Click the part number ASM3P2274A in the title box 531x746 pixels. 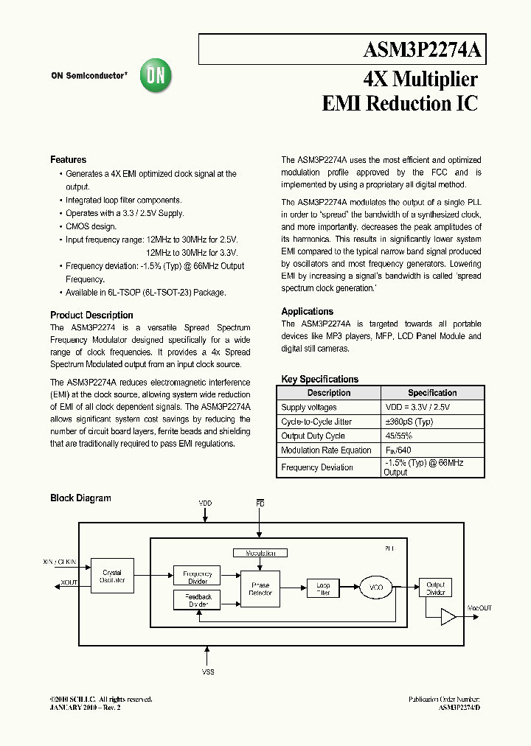[x=423, y=50]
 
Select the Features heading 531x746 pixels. [x=68, y=160]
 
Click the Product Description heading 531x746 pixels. [x=91, y=315]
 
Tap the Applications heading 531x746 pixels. [x=307, y=311]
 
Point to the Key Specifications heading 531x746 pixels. [x=319, y=379]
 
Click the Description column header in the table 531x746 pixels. [x=328, y=393]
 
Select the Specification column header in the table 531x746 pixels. [x=432, y=393]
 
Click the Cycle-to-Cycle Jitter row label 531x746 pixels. [x=316, y=422]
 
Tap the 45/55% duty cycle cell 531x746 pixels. [x=403, y=436]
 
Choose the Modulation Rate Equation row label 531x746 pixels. [x=326, y=450]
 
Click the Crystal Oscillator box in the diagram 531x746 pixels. [x=112, y=576]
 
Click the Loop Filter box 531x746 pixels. [x=323, y=588]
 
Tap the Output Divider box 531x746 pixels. [x=435, y=588]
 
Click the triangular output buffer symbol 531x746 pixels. [x=448, y=617]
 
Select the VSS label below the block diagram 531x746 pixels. [x=208, y=672]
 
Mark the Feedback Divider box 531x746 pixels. [x=198, y=600]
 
